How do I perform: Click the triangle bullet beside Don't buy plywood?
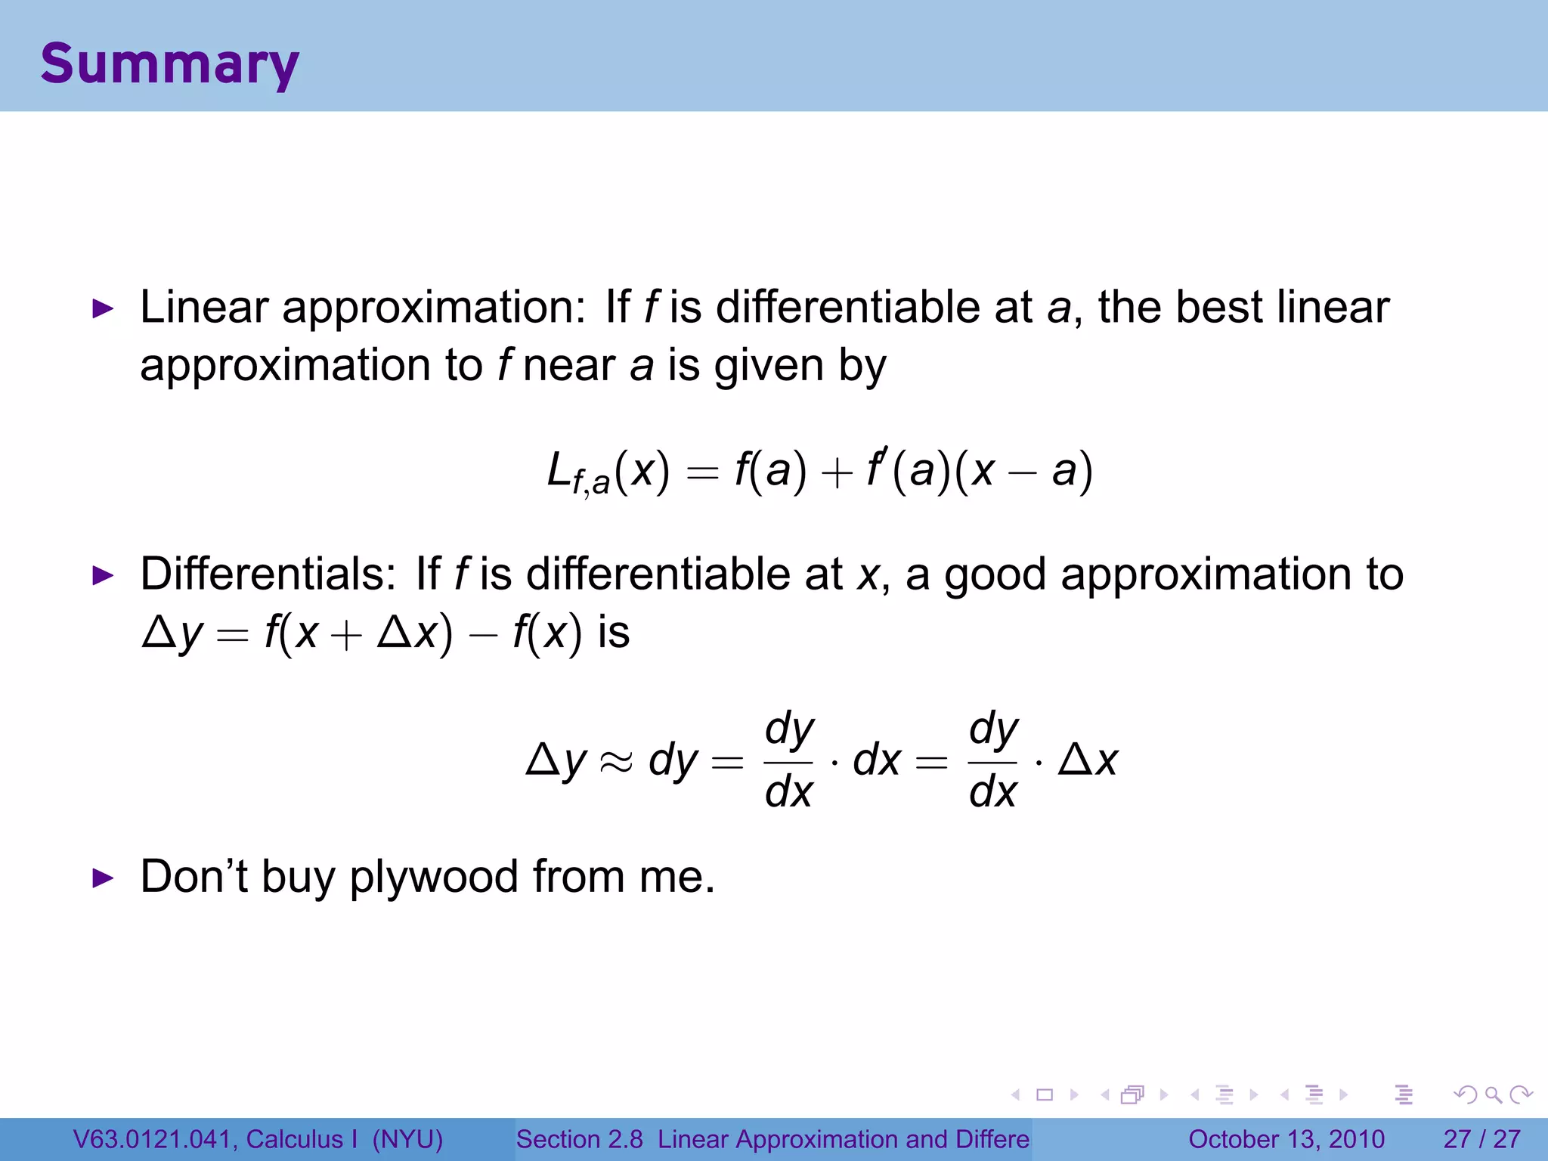pyautogui.click(x=102, y=878)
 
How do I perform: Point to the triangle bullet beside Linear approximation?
pyautogui.click(x=102, y=308)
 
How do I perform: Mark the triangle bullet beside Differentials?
pyautogui.click(x=102, y=576)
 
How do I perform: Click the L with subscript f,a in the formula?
pyautogui.click(x=577, y=473)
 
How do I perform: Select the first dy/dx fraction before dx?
pyautogui.click(x=788, y=760)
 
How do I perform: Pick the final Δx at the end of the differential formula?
pyautogui.click(x=1088, y=760)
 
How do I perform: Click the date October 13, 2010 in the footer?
pyautogui.click(x=1286, y=1139)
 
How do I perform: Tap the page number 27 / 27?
pyautogui.click(x=1481, y=1139)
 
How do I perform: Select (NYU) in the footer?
pyautogui.click(x=407, y=1139)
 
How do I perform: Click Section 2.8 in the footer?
pyautogui.click(x=579, y=1139)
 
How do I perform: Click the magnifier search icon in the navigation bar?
pyautogui.click(x=1493, y=1094)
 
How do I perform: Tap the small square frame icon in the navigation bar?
pyautogui.click(x=1045, y=1094)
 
